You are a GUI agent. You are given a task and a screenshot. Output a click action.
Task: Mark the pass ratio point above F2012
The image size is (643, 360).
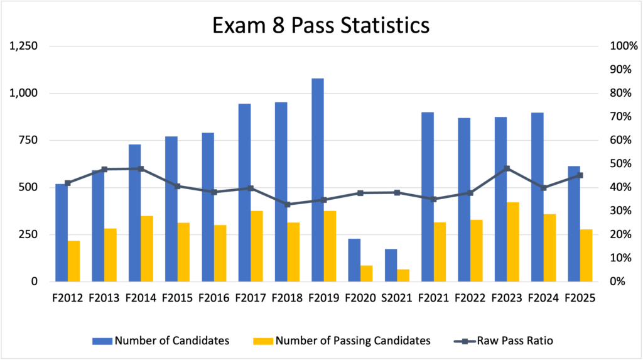click(68, 183)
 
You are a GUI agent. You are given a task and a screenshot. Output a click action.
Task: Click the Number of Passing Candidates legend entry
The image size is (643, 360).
click(342, 341)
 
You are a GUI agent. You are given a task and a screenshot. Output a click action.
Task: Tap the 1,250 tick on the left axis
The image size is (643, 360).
click(23, 46)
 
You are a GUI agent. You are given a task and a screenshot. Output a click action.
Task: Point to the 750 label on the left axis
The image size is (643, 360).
click(28, 140)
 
